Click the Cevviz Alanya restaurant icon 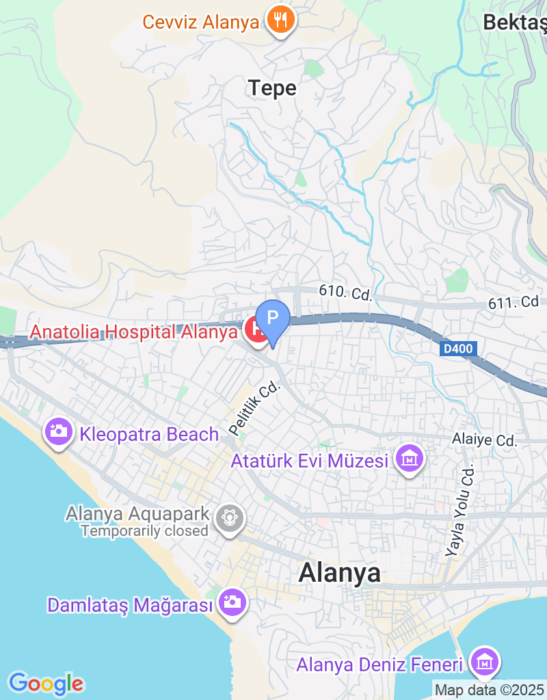click(x=280, y=21)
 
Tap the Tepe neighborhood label click(x=272, y=88)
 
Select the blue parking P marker click(x=273, y=319)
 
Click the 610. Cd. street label click(x=345, y=293)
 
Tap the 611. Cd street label click(x=513, y=301)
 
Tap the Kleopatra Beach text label click(x=149, y=434)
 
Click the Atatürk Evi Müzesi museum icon click(x=410, y=459)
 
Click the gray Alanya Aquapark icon click(x=229, y=518)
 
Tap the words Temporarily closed click(x=144, y=530)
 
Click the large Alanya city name click(x=340, y=573)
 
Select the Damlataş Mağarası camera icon click(x=232, y=602)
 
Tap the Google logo click(x=46, y=684)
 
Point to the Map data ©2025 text click(x=489, y=690)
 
